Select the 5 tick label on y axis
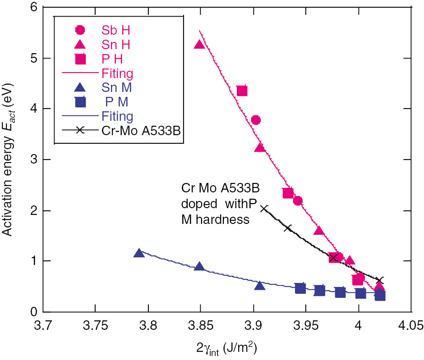(33, 59)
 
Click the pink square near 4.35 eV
(242, 91)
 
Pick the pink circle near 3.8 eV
(256, 120)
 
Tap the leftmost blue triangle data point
(139, 253)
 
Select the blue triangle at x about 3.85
(199, 266)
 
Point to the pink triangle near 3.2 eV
(259, 147)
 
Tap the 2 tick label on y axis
(33, 211)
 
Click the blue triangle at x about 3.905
(259, 285)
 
